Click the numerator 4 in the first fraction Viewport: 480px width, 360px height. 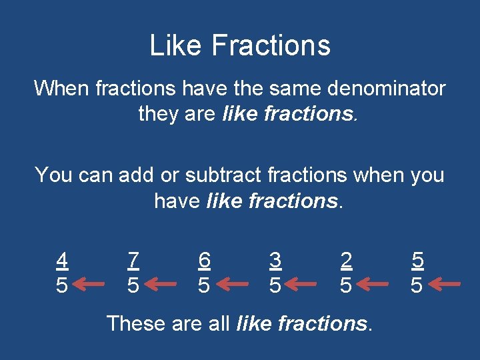click(62, 260)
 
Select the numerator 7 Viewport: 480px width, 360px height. click(133, 260)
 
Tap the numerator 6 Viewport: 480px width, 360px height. click(204, 260)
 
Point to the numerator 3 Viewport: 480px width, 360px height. click(275, 260)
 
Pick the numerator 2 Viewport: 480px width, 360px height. click(345, 260)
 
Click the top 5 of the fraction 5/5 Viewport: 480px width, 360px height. click(417, 260)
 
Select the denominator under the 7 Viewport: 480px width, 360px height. click(133, 285)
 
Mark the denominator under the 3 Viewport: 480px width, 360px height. click(275, 285)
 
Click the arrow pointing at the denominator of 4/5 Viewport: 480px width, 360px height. click(89, 285)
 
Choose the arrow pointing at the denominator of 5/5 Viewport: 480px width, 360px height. click(443, 285)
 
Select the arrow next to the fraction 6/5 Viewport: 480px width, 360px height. click(231, 285)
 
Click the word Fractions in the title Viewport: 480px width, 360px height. click(271, 45)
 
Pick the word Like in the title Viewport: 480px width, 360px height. click(174, 45)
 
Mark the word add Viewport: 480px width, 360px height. click(138, 175)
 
